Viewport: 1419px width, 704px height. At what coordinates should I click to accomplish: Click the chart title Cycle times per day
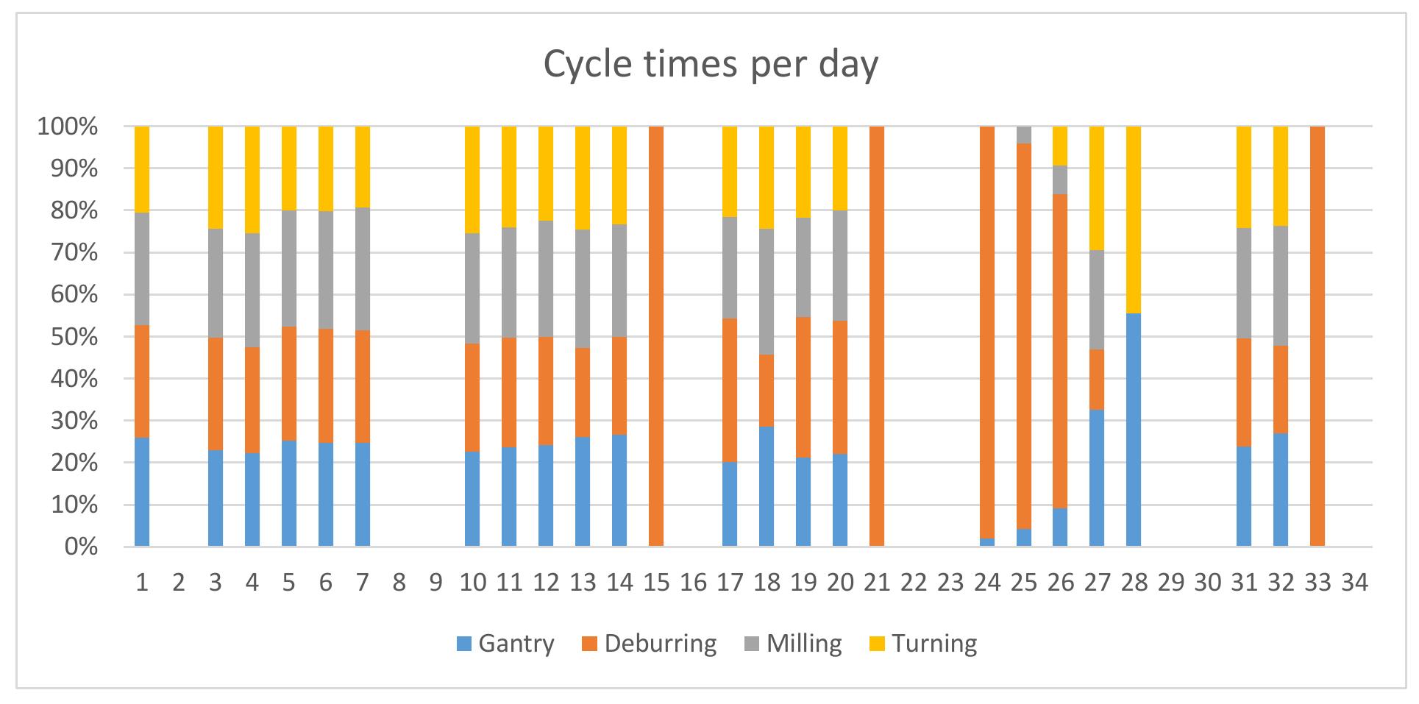[711, 65]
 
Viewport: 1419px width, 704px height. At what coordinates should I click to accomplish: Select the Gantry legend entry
[505, 644]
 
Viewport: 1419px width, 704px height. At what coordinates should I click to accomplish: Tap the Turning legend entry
[924, 644]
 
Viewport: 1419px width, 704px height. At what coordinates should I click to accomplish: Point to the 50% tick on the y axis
[67, 337]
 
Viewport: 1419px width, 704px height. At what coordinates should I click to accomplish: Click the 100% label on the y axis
[67, 127]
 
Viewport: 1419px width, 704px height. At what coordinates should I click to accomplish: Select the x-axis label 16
[693, 583]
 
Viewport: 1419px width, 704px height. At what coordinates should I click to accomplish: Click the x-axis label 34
[1354, 583]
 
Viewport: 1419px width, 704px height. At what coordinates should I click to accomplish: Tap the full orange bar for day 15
[656, 336]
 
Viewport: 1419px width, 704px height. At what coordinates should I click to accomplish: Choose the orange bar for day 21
[876, 336]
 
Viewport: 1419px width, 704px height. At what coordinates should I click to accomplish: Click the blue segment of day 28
[1134, 430]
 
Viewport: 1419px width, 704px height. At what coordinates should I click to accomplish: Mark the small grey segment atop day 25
[1023, 135]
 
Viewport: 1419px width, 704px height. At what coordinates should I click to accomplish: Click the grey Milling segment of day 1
[142, 269]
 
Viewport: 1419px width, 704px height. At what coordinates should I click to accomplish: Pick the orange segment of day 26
[1060, 352]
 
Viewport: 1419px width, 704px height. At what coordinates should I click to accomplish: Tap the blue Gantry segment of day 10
[472, 499]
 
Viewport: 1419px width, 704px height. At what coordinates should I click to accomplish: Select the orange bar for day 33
[1317, 336]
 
